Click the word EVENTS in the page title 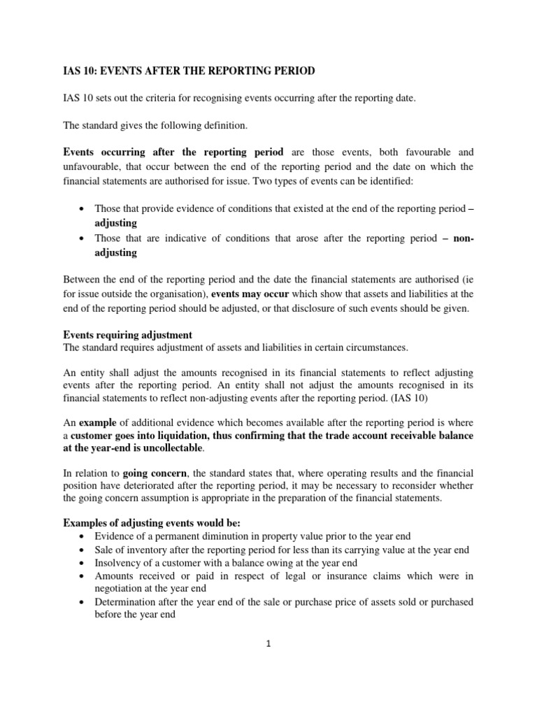click(x=117, y=71)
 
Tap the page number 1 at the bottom click(x=268, y=644)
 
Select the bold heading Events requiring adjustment click(x=127, y=335)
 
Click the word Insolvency click(x=121, y=563)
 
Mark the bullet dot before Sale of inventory click(x=84, y=550)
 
